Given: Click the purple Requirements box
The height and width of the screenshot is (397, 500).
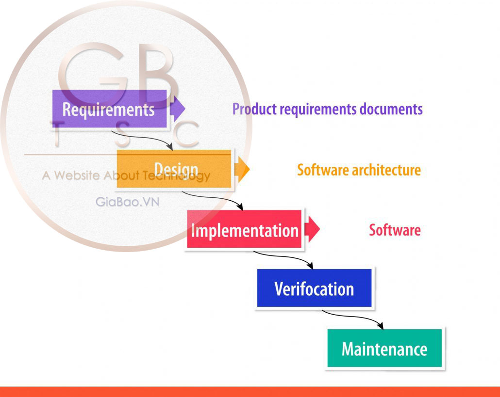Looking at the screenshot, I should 109,109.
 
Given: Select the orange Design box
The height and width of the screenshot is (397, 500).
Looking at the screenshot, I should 174,169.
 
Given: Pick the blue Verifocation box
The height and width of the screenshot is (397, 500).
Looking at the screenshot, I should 314,288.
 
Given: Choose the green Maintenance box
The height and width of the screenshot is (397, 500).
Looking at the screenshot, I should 384,349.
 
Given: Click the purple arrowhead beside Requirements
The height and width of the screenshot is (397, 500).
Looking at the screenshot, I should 178,109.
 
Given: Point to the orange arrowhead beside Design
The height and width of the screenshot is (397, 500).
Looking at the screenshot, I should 243,169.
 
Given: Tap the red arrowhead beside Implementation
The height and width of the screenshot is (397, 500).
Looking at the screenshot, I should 313,230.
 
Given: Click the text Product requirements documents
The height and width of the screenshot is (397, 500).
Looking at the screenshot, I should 327,109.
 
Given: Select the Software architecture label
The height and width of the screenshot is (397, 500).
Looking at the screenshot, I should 359,170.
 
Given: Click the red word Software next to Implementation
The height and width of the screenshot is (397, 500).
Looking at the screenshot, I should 395,230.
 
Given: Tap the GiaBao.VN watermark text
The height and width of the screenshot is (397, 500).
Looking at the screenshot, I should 127,202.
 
